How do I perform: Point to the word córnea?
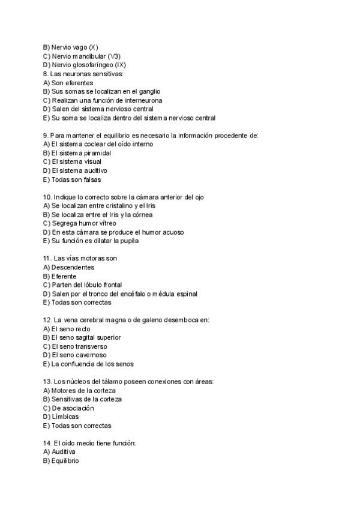[143, 214]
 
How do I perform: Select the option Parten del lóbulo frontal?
[86, 285]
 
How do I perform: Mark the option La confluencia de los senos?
[92, 364]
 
